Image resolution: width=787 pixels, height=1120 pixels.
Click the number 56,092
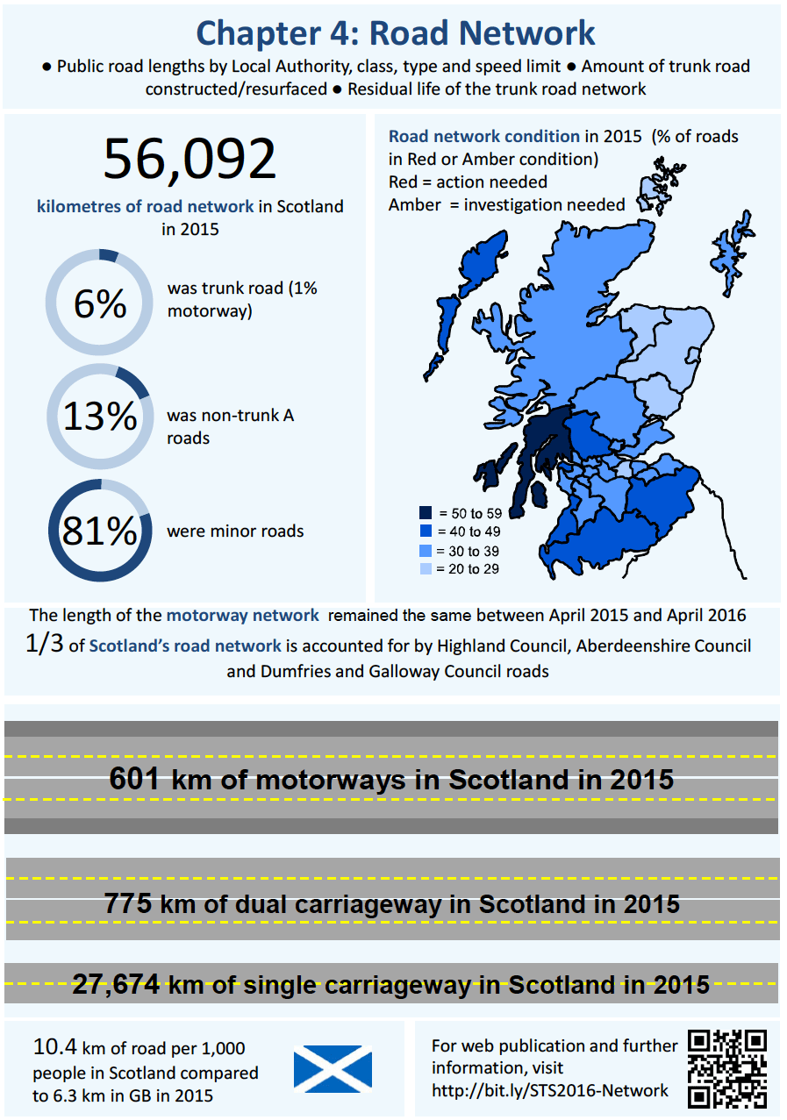pyautogui.click(x=190, y=160)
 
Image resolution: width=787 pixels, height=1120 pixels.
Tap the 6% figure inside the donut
pyautogui.click(x=100, y=304)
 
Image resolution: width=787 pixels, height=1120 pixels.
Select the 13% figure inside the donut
pyautogui.click(x=100, y=417)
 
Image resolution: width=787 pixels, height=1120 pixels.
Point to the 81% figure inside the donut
pyautogui.click(x=100, y=531)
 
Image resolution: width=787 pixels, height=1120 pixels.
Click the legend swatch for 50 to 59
pyautogui.click(x=426, y=512)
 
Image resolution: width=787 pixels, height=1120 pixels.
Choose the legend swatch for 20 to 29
pyautogui.click(x=426, y=569)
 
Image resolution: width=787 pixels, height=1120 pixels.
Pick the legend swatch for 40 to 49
pyautogui.click(x=426, y=531)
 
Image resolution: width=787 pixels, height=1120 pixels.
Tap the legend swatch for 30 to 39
pyautogui.click(x=426, y=551)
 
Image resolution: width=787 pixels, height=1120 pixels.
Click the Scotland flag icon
pyautogui.click(x=333, y=1068)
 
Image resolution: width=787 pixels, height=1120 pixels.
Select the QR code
pyautogui.click(x=727, y=1067)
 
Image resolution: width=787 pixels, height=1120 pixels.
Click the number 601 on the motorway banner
pyautogui.click(x=134, y=779)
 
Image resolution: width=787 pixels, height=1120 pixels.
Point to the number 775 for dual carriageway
pyautogui.click(x=129, y=903)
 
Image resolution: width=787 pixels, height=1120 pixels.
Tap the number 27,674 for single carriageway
pyautogui.click(x=115, y=984)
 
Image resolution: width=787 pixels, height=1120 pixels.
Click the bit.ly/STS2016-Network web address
pyautogui.click(x=549, y=1090)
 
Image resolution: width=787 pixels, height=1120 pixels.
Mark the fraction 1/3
pyautogui.click(x=44, y=644)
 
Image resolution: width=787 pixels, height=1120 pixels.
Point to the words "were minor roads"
pyautogui.click(x=235, y=531)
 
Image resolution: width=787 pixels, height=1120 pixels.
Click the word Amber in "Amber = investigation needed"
pyautogui.click(x=413, y=205)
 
